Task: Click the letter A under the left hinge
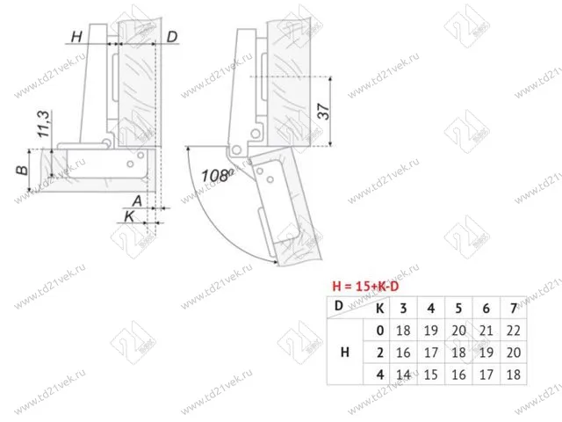[x=138, y=200]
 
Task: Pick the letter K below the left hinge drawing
[x=129, y=215]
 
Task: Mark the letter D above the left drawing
[x=172, y=36]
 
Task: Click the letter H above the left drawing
[x=76, y=36]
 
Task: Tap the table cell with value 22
[x=514, y=330]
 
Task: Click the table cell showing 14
[x=403, y=374]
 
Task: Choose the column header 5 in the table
[x=458, y=308]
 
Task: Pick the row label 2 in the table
[x=379, y=352]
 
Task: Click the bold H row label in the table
[x=345, y=352]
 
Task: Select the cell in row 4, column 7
[x=514, y=374]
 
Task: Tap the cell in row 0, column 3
[x=403, y=330]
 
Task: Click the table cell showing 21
[x=486, y=330]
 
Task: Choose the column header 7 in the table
[x=514, y=308]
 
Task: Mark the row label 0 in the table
[x=379, y=330]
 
